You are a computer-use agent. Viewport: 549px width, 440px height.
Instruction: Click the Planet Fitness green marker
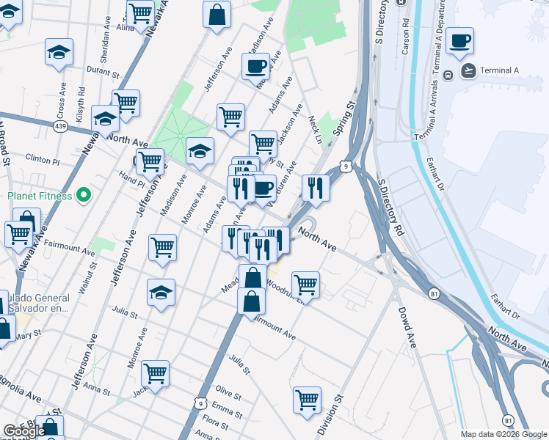tap(83, 196)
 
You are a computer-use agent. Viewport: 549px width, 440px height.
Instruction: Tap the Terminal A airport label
tap(498, 71)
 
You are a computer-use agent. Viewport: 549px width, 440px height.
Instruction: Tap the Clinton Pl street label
tap(42, 159)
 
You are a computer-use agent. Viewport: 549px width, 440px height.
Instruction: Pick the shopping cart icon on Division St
tap(307, 400)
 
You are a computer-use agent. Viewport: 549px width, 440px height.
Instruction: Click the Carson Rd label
tap(405, 30)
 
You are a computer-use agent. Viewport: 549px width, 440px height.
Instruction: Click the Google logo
tap(23, 431)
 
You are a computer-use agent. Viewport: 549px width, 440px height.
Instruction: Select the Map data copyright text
tap(504, 434)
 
